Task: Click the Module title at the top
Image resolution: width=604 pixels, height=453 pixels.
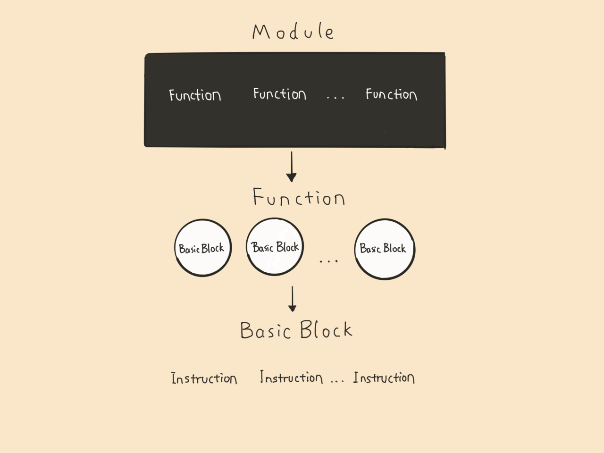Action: [294, 32]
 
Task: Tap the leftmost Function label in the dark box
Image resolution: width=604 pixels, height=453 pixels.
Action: [195, 95]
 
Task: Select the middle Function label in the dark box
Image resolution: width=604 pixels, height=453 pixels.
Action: [279, 94]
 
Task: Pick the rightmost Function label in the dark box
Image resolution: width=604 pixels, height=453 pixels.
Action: [391, 94]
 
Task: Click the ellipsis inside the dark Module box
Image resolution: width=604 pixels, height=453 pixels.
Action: [336, 97]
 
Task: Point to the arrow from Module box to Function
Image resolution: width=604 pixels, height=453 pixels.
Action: [292, 167]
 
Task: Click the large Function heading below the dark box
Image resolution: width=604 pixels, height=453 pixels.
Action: [299, 197]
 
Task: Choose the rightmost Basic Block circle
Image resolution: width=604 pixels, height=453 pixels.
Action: [385, 219]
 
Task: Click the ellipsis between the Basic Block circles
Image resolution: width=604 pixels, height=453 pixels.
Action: [328, 261]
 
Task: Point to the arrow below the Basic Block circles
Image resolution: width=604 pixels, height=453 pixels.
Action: [292, 299]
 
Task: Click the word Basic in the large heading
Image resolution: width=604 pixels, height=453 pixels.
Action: [266, 330]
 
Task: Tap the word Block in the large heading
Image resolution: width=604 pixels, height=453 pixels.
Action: [326, 329]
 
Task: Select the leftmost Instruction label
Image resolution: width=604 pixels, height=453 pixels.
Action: [204, 378]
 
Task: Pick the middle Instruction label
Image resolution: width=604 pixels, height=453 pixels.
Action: [292, 377]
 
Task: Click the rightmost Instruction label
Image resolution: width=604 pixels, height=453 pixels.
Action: [384, 377]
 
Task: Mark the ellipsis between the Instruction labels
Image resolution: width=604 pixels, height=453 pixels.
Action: [337, 381]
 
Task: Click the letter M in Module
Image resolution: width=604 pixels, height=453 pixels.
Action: [261, 32]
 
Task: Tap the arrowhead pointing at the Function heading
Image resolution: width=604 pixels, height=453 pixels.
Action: [292, 177]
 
